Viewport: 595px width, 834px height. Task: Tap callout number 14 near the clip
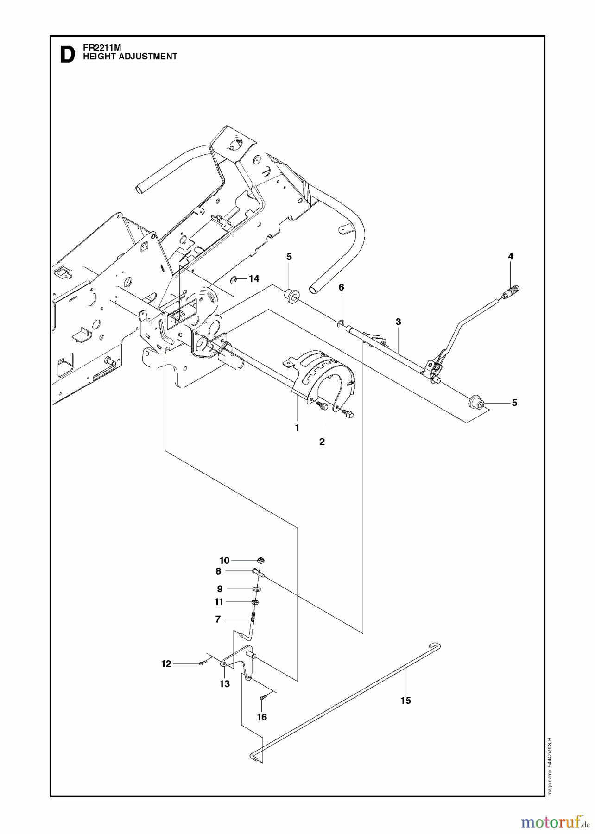click(x=253, y=278)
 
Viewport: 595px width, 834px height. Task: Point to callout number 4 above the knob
click(x=511, y=256)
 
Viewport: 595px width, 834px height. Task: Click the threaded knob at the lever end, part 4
click(x=512, y=292)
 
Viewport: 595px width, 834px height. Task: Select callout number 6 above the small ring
click(x=341, y=287)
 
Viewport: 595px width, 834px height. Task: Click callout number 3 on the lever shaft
click(x=398, y=322)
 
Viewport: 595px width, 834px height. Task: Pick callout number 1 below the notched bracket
click(x=297, y=428)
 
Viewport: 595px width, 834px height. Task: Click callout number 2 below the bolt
click(x=322, y=442)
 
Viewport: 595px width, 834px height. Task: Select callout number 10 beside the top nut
click(x=224, y=561)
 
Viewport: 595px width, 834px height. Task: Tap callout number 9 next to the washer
click(x=220, y=589)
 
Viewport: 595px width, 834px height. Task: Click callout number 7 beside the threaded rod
click(x=218, y=619)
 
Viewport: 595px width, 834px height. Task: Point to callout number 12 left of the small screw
click(x=166, y=664)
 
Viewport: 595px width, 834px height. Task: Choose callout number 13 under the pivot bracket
click(x=224, y=684)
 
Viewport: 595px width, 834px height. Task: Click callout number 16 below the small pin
click(x=262, y=717)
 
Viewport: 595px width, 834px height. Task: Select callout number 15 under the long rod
click(x=405, y=701)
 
